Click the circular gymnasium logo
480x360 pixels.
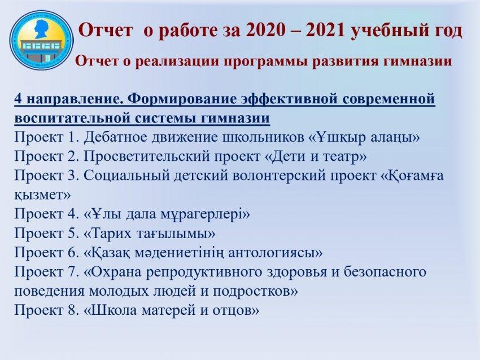click(x=42, y=40)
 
